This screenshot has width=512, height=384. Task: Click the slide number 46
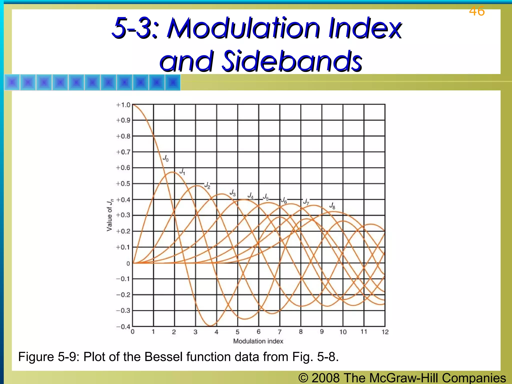(x=477, y=11)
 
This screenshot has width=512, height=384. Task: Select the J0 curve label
(x=166, y=158)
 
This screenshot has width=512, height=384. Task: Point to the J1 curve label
(x=182, y=171)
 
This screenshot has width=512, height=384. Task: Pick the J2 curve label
(x=207, y=185)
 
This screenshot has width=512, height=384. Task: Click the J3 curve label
(x=233, y=193)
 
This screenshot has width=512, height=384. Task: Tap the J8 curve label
(x=332, y=206)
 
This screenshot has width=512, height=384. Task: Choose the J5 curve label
(x=266, y=197)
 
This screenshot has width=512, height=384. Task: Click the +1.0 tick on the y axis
(x=123, y=105)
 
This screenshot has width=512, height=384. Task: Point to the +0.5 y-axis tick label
(x=123, y=184)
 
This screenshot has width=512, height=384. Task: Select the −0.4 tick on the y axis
(x=123, y=327)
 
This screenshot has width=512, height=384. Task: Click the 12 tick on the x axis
(x=385, y=332)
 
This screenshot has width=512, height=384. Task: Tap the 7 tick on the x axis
(x=280, y=332)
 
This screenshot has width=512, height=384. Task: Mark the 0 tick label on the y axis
(x=128, y=263)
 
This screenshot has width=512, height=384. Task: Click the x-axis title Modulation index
(x=258, y=341)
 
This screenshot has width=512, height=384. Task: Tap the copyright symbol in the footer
(x=303, y=378)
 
